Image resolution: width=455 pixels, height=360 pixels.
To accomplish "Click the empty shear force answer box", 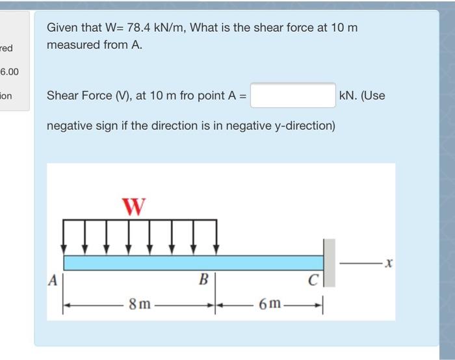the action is click(x=293, y=96).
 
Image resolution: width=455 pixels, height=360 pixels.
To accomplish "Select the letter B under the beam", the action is click(x=203, y=281).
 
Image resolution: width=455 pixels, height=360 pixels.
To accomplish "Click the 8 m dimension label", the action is click(x=138, y=304).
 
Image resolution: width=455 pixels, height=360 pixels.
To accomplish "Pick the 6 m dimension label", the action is click(x=269, y=304).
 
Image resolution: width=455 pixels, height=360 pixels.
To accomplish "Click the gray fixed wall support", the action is click(x=330, y=263).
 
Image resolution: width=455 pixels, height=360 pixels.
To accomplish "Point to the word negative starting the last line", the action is click(x=70, y=125).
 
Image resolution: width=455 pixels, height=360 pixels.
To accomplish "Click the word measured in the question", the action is click(x=73, y=45).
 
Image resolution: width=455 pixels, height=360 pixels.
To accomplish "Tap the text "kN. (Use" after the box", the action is click(x=362, y=96).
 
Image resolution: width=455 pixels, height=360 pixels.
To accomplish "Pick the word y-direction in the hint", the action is click(x=302, y=125).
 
